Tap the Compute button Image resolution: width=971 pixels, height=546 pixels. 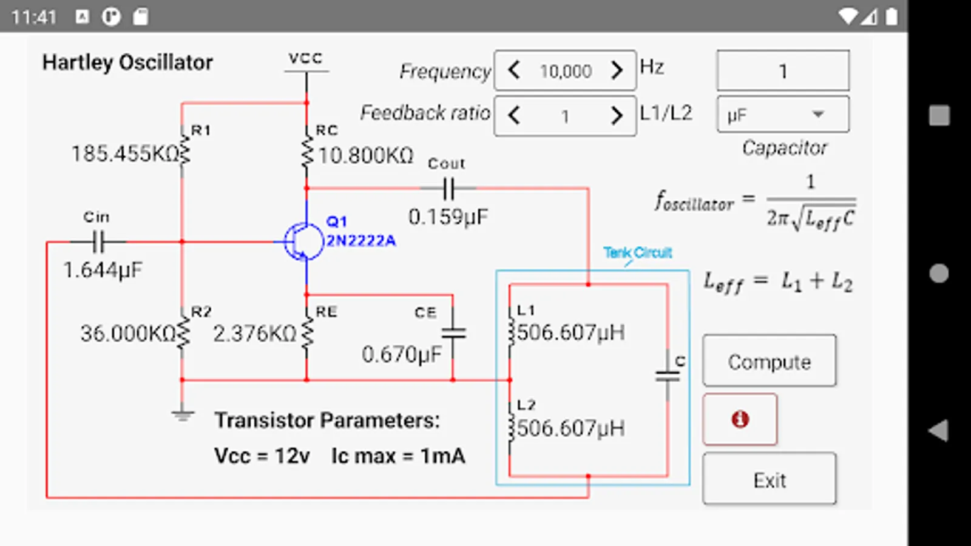tap(769, 361)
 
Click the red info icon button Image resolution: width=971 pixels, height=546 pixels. tap(740, 419)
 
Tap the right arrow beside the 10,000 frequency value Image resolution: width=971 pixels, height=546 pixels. tap(617, 70)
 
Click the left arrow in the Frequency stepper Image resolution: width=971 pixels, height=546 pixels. tap(514, 70)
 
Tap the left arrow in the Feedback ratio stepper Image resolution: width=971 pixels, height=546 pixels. tap(514, 115)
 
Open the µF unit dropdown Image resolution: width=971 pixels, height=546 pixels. tap(782, 115)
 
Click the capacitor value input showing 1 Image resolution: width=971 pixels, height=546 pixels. tap(782, 71)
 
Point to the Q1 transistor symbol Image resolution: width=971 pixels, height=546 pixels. tap(303, 241)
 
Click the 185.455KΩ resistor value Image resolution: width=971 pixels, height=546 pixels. tap(125, 154)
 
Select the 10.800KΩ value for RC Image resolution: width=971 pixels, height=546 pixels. tap(365, 156)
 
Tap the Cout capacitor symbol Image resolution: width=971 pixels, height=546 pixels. tap(448, 189)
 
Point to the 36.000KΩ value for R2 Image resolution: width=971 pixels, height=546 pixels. tap(127, 333)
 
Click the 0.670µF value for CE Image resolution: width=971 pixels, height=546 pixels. tap(401, 354)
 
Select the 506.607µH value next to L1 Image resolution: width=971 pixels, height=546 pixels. tap(570, 332)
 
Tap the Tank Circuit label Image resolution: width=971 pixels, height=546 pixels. tap(637, 252)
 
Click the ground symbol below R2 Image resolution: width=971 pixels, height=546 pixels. tap(182, 416)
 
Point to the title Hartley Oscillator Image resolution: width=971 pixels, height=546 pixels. tap(127, 62)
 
